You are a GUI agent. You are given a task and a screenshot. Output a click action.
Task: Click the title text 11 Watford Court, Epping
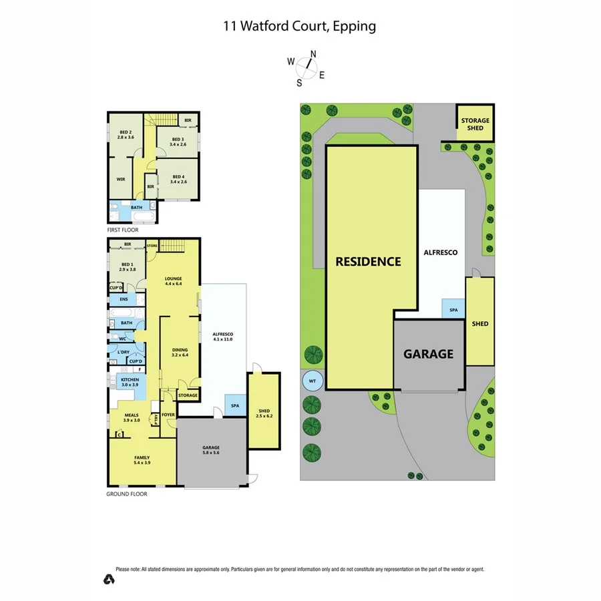click(300, 26)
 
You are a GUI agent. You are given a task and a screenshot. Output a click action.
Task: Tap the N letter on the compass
click(313, 55)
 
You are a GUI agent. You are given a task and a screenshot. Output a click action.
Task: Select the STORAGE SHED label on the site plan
click(475, 124)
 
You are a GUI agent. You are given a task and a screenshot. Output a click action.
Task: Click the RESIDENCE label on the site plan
click(368, 261)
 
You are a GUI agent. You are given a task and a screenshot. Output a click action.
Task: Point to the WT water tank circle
click(311, 382)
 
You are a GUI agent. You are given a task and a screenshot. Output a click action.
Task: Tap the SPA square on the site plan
click(453, 311)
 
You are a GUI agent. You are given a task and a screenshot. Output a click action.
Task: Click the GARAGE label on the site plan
click(428, 354)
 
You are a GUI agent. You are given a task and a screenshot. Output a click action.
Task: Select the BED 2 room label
click(127, 134)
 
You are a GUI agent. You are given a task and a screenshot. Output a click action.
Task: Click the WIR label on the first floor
click(121, 179)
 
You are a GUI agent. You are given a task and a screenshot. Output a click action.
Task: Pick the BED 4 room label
click(179, 178)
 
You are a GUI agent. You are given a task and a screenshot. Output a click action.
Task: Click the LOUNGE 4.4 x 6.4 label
click(174, 281)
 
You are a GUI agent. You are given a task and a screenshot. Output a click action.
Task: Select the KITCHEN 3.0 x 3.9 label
click(130, 383)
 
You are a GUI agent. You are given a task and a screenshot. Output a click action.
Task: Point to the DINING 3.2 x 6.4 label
click(180, 352)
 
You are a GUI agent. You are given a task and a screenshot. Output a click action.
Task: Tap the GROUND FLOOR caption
click(127, 494)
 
